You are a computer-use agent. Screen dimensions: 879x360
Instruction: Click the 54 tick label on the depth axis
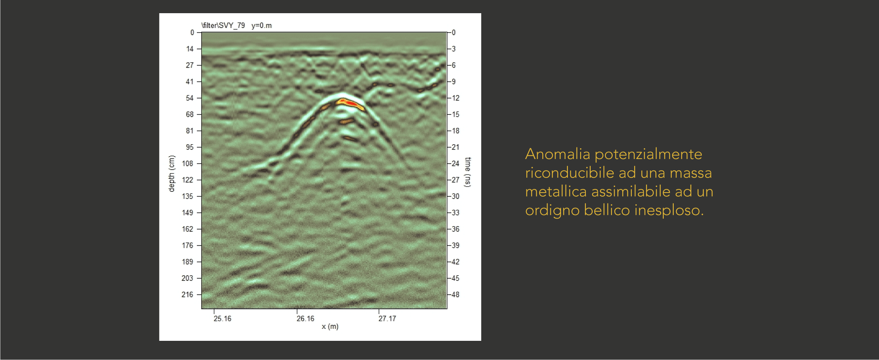pos(189,98)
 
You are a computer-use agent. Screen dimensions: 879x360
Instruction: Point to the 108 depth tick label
pos(187,163)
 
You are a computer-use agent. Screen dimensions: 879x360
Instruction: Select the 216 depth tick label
pos(187,294)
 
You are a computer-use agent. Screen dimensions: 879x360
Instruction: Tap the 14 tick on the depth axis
pos(190,49)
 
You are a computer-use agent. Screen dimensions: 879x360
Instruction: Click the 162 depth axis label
pos(187,229)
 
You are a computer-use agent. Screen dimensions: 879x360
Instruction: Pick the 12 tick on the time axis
pos(456,98)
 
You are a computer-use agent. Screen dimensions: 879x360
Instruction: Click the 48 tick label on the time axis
pos(456,294)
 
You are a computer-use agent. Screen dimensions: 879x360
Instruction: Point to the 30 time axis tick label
pos(456,196)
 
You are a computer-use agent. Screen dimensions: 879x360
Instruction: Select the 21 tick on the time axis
pos(456,147)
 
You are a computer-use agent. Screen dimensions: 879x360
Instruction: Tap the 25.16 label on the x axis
pos(222,318)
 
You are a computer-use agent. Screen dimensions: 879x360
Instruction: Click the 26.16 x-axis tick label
pos(306,318)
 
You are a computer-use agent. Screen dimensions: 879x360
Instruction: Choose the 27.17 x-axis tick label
pos(387,318)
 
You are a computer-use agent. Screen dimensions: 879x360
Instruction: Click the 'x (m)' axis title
pos(330,327)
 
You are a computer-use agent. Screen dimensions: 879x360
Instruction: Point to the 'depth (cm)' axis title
pos(172,173)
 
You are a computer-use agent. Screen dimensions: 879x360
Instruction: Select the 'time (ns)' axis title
pos(468,172)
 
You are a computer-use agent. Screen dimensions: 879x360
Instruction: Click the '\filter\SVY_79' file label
pos(223,26)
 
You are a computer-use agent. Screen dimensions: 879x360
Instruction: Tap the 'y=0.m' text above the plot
pos(262,26)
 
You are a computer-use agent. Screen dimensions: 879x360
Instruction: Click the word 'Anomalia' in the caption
pos(558,154)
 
